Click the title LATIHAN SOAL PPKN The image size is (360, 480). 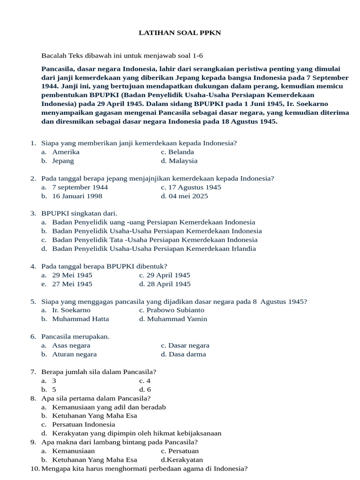tap(180, 33)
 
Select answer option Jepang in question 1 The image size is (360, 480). tap(63, 161)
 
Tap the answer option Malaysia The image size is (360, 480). tap(183, 161)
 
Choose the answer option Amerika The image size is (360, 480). tap(66, 152)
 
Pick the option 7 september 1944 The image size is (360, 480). tap(80, 187)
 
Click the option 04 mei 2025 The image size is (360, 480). tap(188, 196)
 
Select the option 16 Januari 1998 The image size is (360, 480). tap(77, 196)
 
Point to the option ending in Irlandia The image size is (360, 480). tap(154, 248)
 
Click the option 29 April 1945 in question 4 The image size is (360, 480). tap(168, 275)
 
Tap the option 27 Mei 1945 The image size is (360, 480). tap(72, 284)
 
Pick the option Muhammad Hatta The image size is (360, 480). tap(80, 319)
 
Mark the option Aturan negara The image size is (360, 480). tap(74, 354)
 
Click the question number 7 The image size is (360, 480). tap(33, 372)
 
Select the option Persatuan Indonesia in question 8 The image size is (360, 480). tap(83, 424)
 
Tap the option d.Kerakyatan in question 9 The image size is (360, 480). tap(182, 460)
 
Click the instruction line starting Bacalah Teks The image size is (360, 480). tap(122, 55)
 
